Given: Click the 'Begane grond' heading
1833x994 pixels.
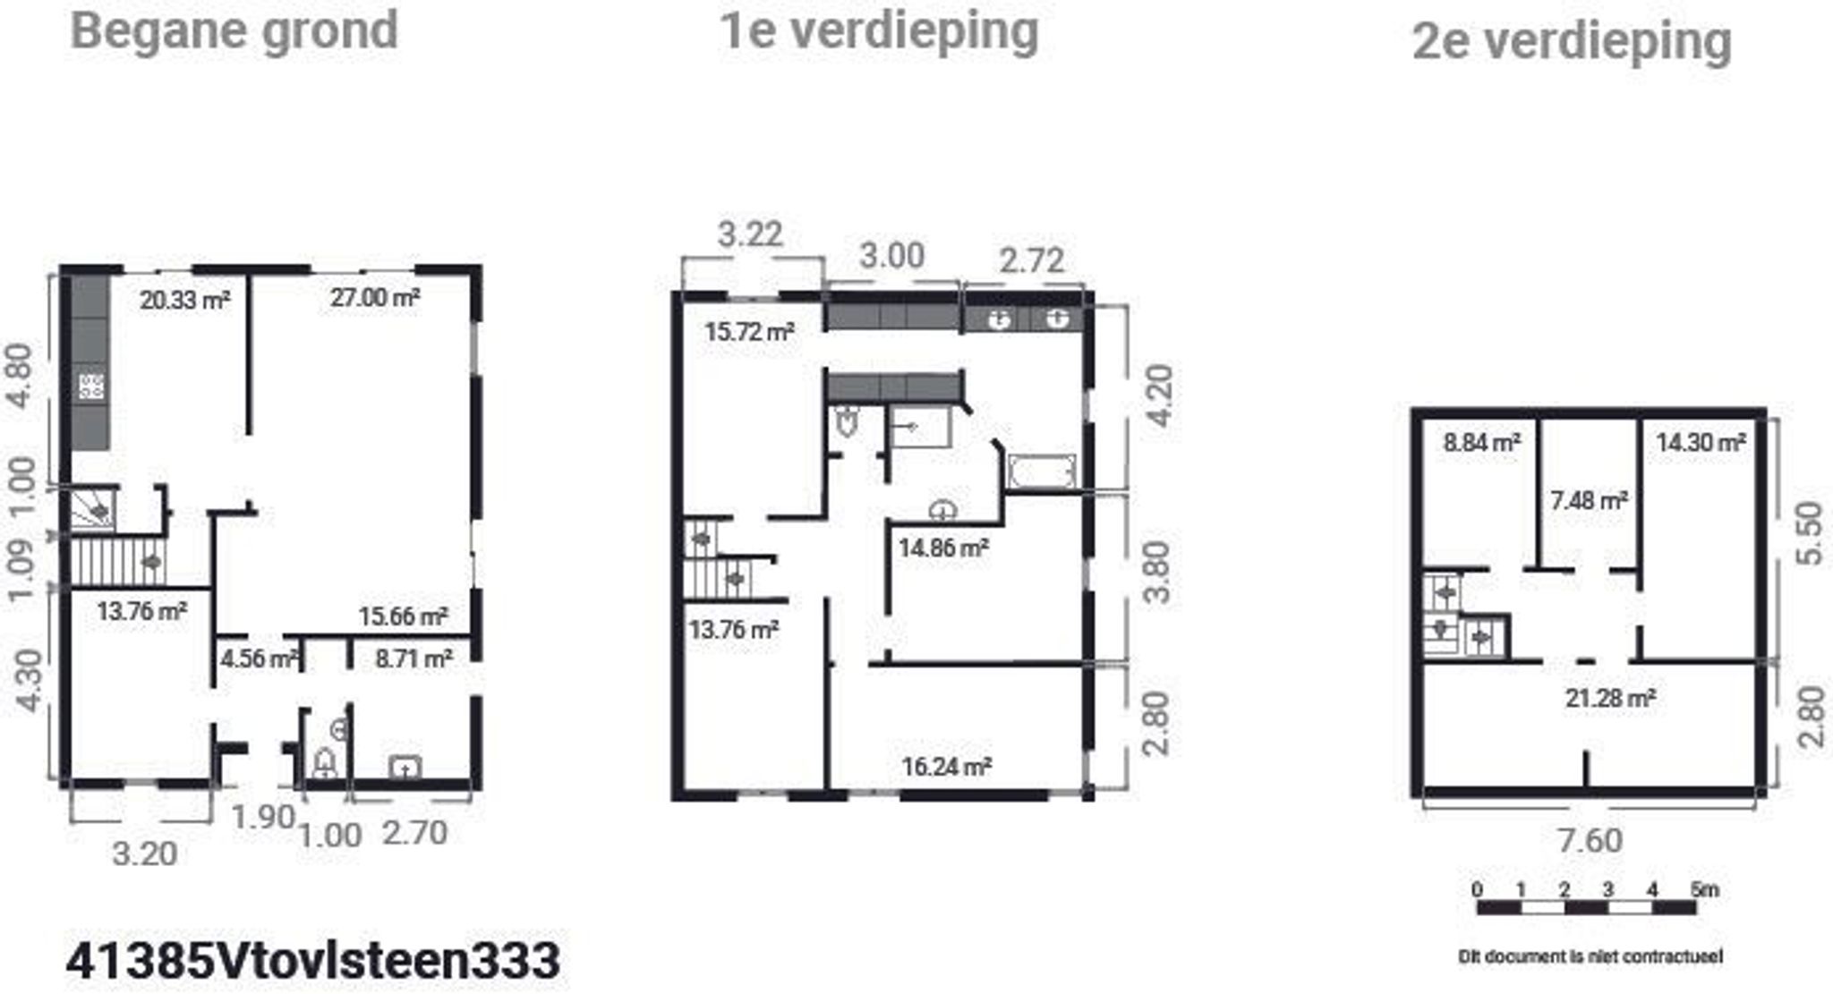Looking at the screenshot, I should [234, 30].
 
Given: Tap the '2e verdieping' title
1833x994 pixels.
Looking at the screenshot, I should [1572, 41].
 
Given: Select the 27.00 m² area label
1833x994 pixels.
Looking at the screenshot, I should [375, 297].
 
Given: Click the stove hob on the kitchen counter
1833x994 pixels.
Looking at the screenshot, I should [91, 387].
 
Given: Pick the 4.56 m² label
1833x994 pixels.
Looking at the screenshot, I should [259, 659].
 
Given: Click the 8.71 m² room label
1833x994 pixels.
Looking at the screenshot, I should [413, 659].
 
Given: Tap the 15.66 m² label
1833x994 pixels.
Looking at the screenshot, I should [403, 616].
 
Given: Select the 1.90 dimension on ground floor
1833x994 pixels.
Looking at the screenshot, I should [262, 817].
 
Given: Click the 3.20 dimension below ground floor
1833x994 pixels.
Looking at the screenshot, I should [144, 854].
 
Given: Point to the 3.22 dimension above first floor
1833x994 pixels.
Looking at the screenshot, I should [750, 234].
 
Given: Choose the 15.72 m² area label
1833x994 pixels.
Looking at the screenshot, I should [749, 332].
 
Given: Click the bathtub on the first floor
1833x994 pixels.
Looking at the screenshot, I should [1041, 472].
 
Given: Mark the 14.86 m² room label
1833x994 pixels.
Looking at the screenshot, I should [943, 548].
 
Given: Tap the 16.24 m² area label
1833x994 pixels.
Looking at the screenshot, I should [946, 767].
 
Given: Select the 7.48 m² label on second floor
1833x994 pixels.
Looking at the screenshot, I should [1589, 500].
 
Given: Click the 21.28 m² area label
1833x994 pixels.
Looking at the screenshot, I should [1609, 698].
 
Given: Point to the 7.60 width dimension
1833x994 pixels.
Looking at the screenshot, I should [1590, 841].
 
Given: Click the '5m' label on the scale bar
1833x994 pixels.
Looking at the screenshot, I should [1704, 890].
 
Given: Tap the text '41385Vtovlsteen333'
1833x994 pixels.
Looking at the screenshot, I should [313, 961].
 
